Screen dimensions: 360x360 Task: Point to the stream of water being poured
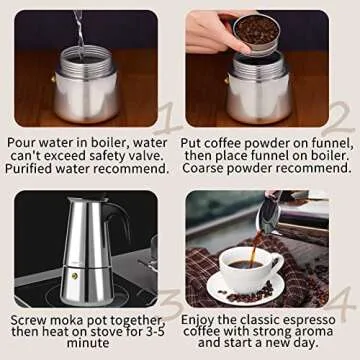pyautogui.click(x=80, y=30)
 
